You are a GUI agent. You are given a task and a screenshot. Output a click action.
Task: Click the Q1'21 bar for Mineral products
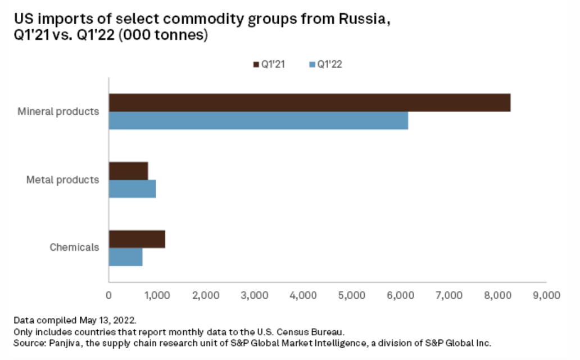tap(309, 102)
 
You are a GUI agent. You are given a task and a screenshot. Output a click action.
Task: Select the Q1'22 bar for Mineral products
tap(258, 120)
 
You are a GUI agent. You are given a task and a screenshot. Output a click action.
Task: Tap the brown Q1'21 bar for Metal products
tap(128, 170)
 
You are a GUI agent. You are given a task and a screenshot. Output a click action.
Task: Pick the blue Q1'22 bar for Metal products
tap(132, 189)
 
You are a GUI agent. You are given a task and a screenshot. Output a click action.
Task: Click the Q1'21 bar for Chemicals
tap(137, 239)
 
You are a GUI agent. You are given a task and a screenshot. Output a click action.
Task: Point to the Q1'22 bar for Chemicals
tap(125, 257)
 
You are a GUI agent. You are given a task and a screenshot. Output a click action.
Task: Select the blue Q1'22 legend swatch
tap(312, 64)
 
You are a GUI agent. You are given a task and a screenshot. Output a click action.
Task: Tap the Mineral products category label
tap(58, 111)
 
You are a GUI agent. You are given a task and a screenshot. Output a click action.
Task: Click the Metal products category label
tap(63, 180)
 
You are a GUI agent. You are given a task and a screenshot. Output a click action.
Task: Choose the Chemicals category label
tap(74, 247)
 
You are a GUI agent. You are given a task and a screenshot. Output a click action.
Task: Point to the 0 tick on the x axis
tap(108, 294)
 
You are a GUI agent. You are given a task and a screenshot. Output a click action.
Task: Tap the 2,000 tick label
tap(206, 294)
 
